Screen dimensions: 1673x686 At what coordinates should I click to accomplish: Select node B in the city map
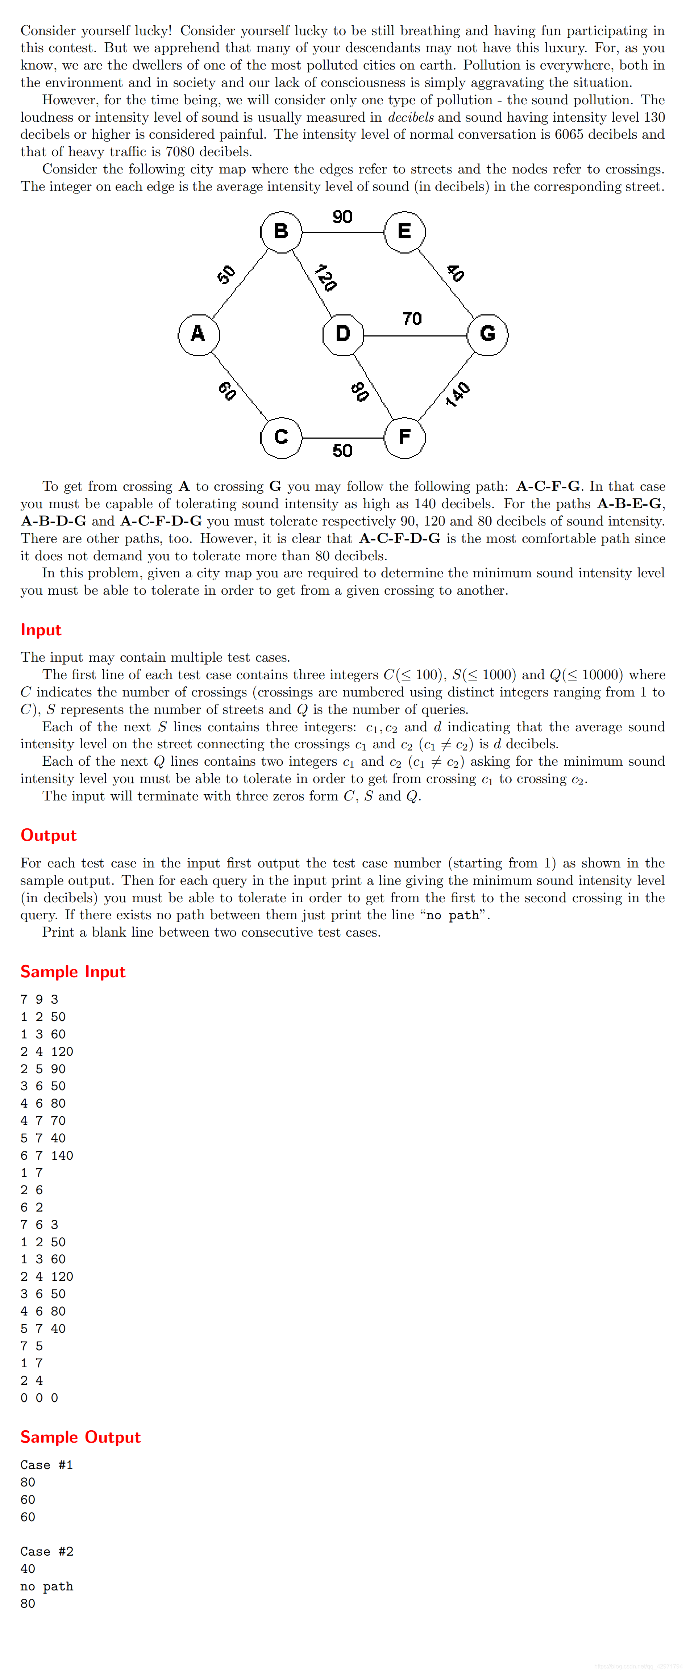click(x=280, y=231)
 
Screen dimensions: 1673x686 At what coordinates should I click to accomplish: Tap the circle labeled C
click(x=280, y=437)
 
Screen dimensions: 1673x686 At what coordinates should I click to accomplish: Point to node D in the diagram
click(x=343, y=334)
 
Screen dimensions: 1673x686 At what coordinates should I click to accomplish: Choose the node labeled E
click(x=404, y=231)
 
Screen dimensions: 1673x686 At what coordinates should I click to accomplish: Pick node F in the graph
click(x=404, y=437)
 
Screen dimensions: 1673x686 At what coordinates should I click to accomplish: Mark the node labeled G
click(x=487, y=334)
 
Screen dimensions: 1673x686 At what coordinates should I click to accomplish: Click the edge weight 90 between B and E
click(x=342, y=217)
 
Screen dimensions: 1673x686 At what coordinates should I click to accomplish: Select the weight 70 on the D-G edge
click(x=412, y=319)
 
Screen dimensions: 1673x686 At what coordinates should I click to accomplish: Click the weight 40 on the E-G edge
click(x=456, y=273)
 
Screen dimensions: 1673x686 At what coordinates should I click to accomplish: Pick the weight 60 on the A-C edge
click(x=227, y=390)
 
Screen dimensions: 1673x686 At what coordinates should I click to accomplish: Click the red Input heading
click(x=41, y=630)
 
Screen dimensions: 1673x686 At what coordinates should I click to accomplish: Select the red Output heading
click(x=49, y=835)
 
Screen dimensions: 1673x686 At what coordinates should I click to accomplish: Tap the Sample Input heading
click(x=73, y=971)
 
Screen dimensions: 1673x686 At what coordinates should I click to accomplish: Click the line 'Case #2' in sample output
click(x=47, y=1552)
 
